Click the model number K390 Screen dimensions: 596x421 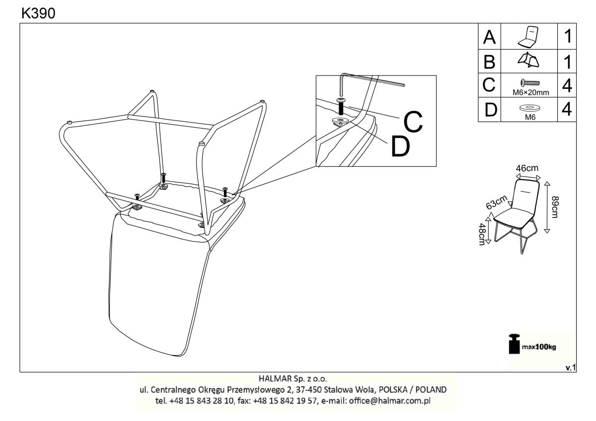(x=38, y=13)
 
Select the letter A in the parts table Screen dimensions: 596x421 (x=489, y=37)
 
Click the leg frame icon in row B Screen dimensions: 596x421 (x=528, y=60)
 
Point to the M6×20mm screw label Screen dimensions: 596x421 (x=531, y=92)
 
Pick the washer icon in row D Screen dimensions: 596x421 (x=530, y=108)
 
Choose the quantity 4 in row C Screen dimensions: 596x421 (x=567, y=85)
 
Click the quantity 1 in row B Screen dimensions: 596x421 (x=568, y=62)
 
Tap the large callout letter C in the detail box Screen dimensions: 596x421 (x=413, y=121)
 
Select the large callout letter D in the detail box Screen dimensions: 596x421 (x=400, y=146)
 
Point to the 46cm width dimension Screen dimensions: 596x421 (x=527, y=168)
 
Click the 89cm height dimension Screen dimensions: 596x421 (x=555, y=207)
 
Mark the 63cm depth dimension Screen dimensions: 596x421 (x=497, y=203)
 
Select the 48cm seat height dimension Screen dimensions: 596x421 (x=482, y=234)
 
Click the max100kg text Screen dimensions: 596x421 (x=539, y=347)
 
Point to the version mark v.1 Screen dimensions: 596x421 (x=571, y=368)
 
